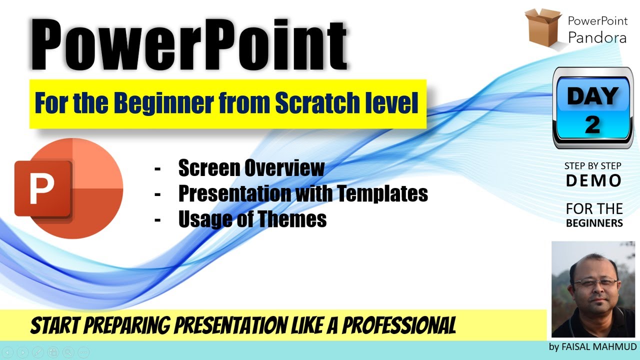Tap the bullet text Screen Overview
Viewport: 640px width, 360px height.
[251, 168]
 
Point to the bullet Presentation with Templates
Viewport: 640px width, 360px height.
[303, 193]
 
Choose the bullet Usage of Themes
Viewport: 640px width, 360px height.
[252, 218]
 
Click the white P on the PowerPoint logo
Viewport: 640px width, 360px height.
[41, 188]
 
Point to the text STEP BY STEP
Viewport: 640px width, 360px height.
[593, 166]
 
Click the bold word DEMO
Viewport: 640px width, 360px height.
[593, 180]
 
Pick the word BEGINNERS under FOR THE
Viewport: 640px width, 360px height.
[594, 223]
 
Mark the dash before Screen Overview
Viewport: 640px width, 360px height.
[157, 169]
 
